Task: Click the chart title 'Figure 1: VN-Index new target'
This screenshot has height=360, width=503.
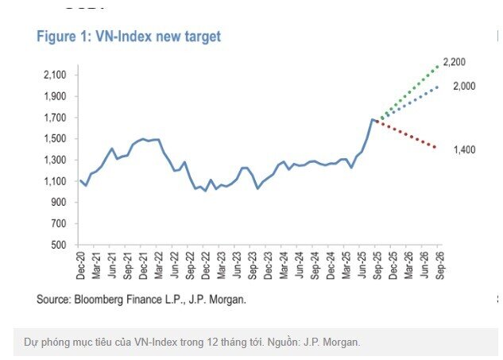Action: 129,37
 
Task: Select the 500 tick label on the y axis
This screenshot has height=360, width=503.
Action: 59,245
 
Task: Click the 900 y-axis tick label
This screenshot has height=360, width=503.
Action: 59,202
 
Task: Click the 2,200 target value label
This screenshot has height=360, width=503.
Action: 454,62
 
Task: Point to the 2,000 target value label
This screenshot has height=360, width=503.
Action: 464,86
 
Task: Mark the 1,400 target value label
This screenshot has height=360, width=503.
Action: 464,149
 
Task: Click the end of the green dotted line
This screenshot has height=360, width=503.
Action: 438,64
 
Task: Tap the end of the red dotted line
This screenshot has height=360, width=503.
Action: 435,148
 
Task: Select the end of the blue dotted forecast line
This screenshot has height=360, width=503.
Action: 437,86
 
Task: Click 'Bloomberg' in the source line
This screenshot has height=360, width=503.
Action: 103,300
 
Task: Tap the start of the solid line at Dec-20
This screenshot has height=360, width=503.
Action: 80,180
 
